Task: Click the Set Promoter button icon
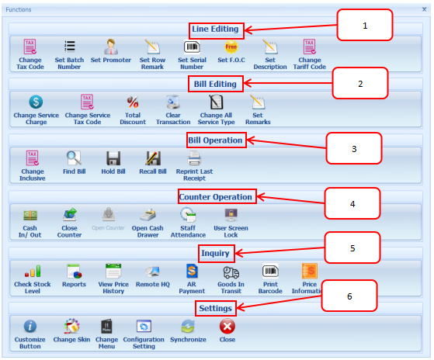coord(111,47)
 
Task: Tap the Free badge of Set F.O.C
coord(231,47)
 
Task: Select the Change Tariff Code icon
coord(309,47)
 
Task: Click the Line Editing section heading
coord(215,29)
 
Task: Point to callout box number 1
coord(365,25)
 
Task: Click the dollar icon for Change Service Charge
coord(36,102)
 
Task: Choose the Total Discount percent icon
coord(133,102)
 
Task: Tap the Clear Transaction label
coord(173,119)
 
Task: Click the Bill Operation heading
coord(215,140)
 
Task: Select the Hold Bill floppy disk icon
coord(113,158)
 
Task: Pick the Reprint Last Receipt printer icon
coord(194,158)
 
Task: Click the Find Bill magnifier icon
coord(74,157)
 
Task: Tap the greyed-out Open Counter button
coord(108,219)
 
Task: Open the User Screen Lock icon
coord(231,215)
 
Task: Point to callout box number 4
coord(352,203)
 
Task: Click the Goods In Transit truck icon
coord(231,272)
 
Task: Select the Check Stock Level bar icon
coord(33,272)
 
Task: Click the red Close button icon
coord(227,327)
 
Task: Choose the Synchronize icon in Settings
coord(188,327)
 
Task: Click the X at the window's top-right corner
coord(424,9)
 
